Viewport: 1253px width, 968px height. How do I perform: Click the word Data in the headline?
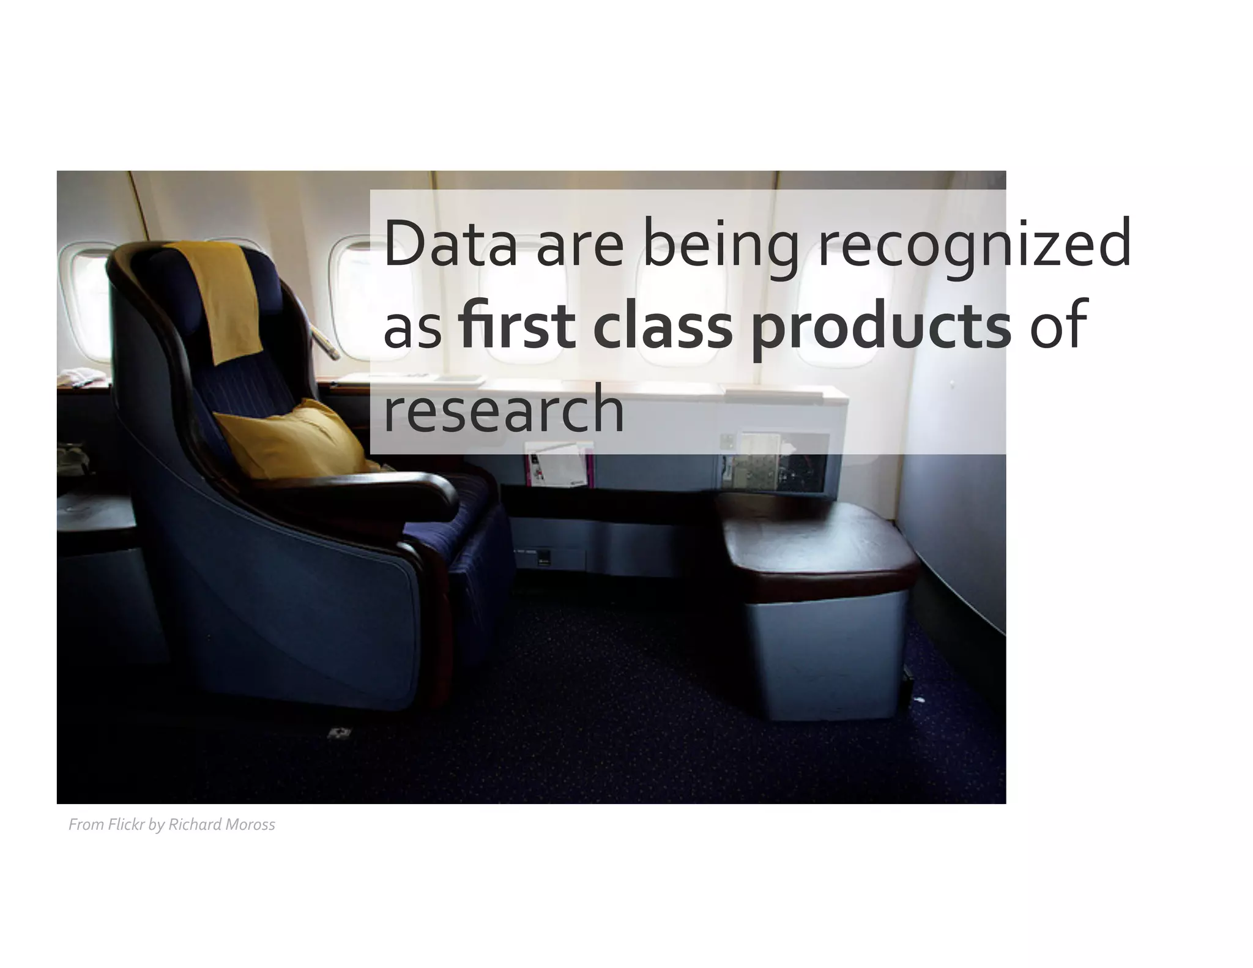pos(450,245)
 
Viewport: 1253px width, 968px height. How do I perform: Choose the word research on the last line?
pos(503,409)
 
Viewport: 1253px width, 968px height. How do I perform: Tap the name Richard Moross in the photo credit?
pos(221,825)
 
